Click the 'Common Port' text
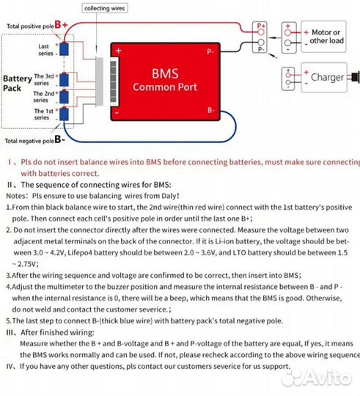(164, 88)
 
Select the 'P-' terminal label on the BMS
(210, 51)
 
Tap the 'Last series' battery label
(43, 50)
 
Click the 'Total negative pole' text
(29, 139)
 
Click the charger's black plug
(356, 76)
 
